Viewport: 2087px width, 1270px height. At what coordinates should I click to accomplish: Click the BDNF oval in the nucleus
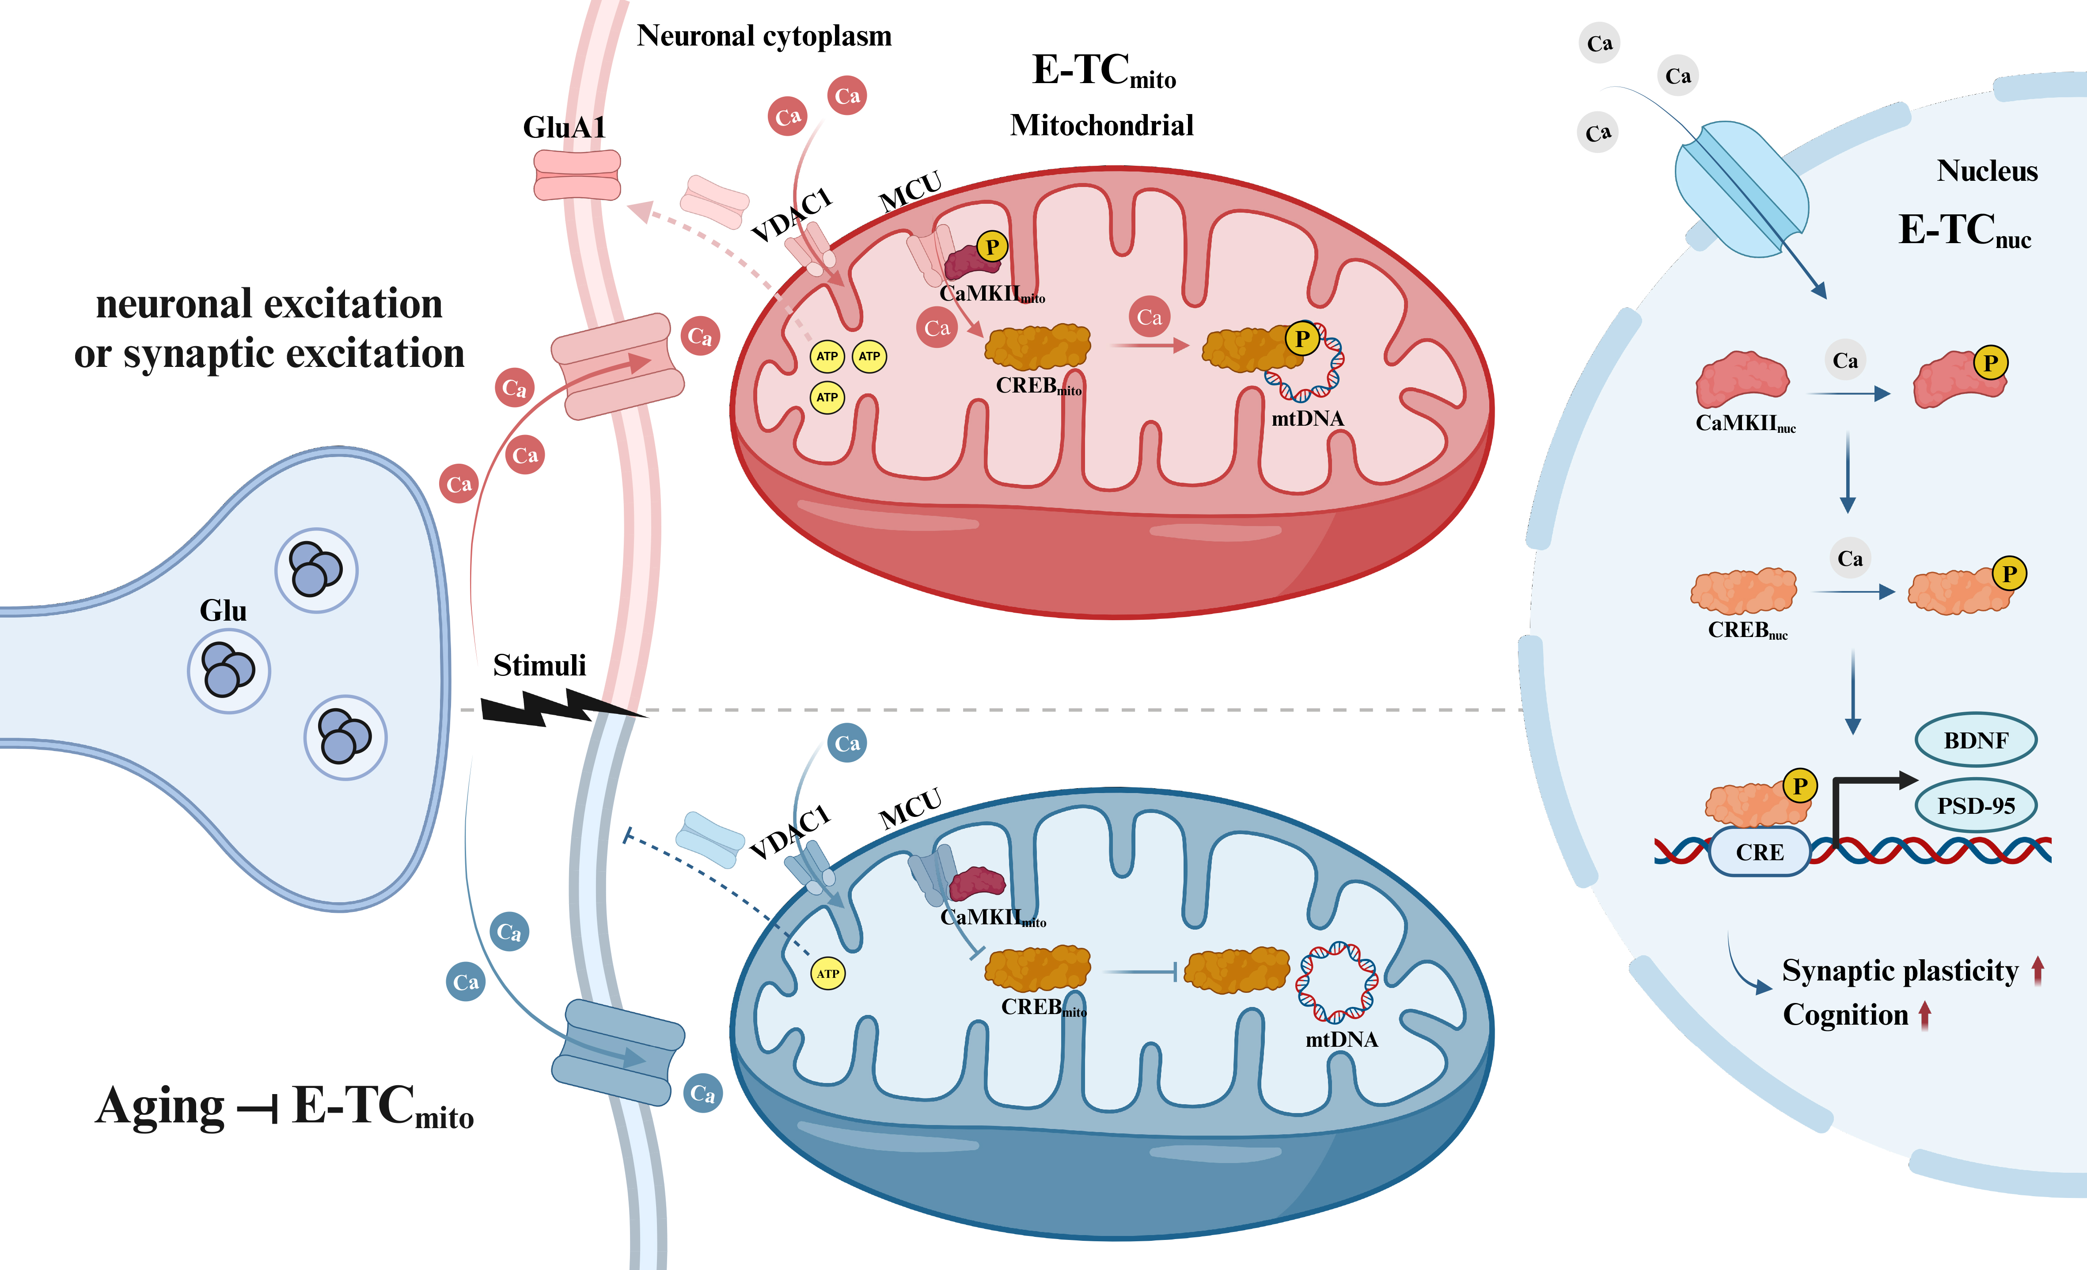point(1975,740)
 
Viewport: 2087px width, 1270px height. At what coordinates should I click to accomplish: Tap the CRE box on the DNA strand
point(1759,852)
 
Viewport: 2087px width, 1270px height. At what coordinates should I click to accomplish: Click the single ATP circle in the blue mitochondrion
point(827,973)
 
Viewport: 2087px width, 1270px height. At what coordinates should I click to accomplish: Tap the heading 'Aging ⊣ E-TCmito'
point(284,1106)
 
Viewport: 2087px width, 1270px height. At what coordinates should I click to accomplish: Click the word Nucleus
point(1986,171)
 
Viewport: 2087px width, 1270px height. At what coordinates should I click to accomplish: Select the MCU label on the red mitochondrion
point(911,191)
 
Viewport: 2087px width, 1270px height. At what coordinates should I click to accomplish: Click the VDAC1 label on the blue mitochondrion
point(790,832)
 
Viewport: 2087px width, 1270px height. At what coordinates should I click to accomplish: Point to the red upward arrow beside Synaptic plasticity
point(2038,970)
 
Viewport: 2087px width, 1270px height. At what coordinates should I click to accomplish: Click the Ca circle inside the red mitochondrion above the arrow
point(1150,317)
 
